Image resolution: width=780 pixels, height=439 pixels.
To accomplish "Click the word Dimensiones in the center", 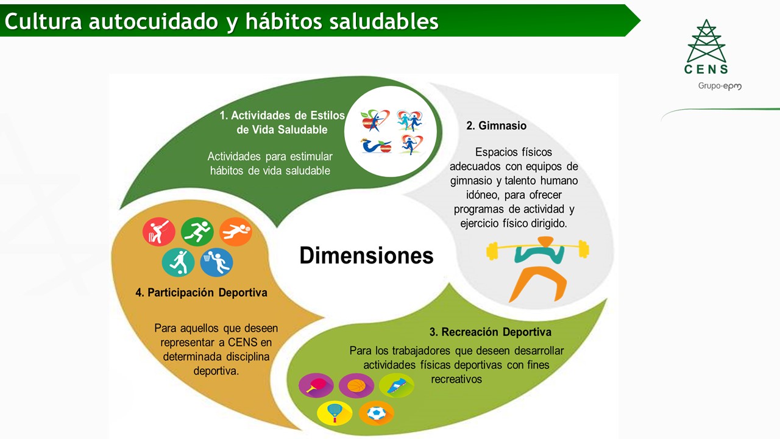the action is point(366,255).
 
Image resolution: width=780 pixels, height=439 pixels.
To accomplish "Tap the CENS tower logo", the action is point(706,47).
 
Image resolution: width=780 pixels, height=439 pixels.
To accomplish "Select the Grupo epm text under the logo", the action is point(720,86).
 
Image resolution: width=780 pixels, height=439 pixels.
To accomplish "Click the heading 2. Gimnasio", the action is point(496,126).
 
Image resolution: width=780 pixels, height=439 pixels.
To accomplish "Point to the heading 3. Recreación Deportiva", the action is point(491,332).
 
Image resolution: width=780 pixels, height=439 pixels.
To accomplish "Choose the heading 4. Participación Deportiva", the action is point(201,292).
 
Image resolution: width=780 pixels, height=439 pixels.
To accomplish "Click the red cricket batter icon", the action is point(159,232).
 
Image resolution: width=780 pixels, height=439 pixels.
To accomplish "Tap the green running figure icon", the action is point(197,232).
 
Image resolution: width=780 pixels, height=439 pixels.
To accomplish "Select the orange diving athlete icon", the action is point(236,232).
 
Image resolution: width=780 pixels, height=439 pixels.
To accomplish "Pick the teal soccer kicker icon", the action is point(179,262).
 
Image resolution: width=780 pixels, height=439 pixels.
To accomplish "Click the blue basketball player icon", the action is point(216,262).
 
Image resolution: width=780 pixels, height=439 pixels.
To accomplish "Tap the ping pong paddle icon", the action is point(316,385).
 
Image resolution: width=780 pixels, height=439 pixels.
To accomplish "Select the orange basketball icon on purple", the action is point(356,385).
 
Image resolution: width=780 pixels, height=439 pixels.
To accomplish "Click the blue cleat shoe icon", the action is point(396,385).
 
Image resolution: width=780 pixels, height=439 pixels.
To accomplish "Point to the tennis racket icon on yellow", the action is point(335,413).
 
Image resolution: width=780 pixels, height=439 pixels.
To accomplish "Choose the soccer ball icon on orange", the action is point(377,413).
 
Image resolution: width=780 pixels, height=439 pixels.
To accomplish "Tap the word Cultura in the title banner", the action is point(43,21).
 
